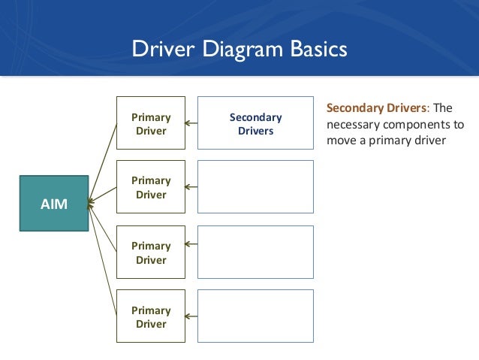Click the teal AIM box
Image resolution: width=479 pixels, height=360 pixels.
coord(53,202)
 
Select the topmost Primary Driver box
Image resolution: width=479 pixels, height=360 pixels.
coord(151,124)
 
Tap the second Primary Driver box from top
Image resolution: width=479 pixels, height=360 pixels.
coord(151,188)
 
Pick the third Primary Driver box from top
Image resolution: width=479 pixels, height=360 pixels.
coord(151,253)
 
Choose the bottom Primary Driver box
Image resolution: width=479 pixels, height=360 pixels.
coord(151,317)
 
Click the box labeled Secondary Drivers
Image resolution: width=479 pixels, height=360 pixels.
coord(255,124)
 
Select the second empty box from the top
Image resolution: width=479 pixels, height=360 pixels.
coord(255,187)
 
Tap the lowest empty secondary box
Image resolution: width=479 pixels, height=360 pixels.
coord(255,317)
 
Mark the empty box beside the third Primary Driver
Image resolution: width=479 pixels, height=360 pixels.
coord(255,253)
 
